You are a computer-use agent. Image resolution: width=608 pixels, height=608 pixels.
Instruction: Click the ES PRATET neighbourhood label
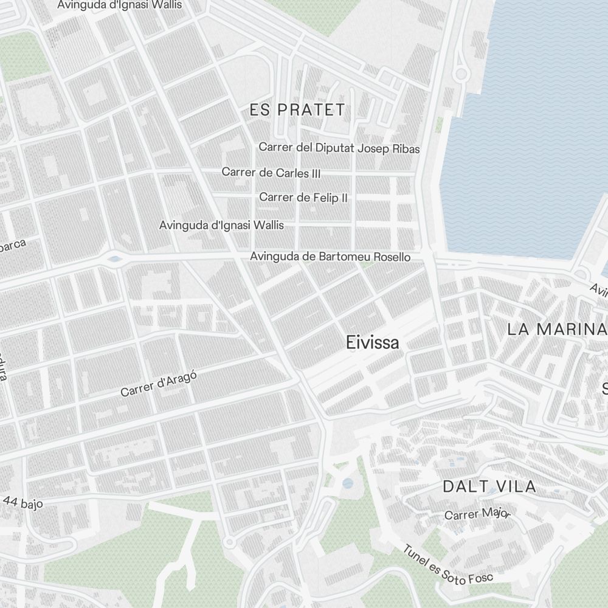297,110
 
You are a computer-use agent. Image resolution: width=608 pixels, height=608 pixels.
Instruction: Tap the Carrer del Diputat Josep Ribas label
339,148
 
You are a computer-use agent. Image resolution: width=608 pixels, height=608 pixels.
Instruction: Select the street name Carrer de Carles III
271,173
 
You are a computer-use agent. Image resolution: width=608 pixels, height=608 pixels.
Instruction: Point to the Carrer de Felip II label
303,198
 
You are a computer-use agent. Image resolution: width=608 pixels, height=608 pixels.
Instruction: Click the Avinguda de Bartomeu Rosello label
330,257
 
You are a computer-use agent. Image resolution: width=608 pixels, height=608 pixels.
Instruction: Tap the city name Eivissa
373,343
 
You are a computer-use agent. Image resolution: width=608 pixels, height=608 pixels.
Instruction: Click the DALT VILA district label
489,486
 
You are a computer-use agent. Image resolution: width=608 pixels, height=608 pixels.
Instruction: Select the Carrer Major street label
477,514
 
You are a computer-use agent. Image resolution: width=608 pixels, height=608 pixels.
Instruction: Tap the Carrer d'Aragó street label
159,384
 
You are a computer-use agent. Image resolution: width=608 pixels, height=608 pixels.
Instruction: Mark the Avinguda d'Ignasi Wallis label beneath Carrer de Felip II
221,225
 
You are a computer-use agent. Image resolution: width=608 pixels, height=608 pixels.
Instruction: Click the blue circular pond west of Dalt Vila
347,483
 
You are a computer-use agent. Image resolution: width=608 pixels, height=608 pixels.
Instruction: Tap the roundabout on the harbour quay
460,74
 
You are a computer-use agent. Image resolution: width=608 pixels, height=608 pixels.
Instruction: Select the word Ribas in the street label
406,148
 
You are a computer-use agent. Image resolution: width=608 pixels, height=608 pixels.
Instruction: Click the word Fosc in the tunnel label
481,578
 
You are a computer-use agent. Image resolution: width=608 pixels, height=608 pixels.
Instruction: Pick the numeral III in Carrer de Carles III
315,173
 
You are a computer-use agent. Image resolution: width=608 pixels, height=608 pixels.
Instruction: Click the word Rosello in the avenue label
390,257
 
